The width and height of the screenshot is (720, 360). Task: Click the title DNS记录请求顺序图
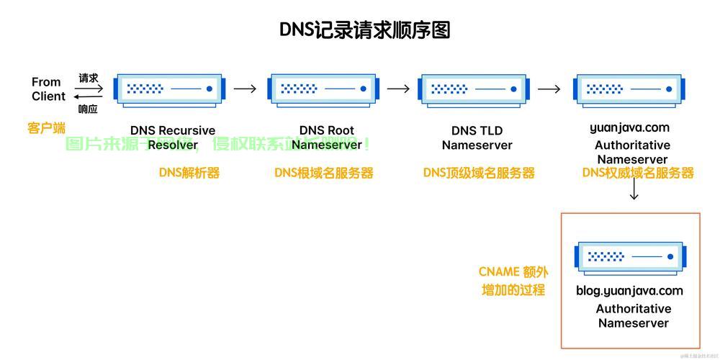point(364,30)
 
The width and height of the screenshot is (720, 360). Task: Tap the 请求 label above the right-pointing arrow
point(88,78)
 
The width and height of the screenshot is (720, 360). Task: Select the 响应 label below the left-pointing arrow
point(88,109)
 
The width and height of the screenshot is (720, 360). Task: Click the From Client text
point(48,89)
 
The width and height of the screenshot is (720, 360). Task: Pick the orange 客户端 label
point(46,128)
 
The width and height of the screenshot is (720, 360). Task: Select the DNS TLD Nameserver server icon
point(477,89)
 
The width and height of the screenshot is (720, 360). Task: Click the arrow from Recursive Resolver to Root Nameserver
point(245,89)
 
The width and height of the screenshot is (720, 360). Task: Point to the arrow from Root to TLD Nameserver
point(398,89)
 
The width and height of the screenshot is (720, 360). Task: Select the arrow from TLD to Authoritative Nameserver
point(549,89)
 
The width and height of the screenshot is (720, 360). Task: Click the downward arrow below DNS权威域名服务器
point(634,190)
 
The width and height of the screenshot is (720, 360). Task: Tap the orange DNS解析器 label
point(189,173)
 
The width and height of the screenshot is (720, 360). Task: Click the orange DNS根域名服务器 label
point(324,173)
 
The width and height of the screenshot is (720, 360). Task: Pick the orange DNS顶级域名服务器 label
point(479,173)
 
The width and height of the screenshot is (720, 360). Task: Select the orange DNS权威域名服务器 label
point(638,173)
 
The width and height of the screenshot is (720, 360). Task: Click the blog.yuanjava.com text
point(629,291)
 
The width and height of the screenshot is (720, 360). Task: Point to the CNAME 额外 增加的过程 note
point(513,281)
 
